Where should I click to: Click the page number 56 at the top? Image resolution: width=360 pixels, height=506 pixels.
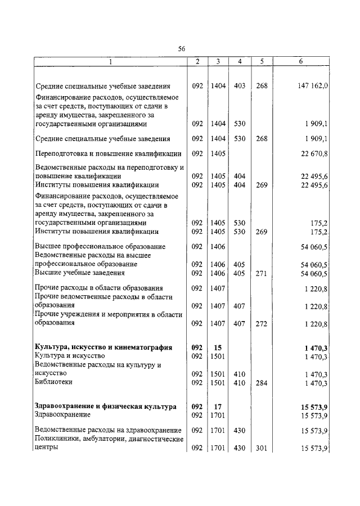pyautogui.click(x=182, y=49)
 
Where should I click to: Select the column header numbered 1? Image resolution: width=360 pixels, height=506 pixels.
pyautogui.click(x=110, y=61)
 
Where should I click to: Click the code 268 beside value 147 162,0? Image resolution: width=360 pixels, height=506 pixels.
pyautogui.click(x=261, y=87)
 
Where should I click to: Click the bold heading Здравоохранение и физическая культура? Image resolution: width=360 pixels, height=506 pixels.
pyautogui.click(x=105, y=406)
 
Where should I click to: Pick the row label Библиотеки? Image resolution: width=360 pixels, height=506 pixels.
pyautogui.click(x=53, y=382)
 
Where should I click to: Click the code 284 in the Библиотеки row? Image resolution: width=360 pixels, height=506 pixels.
pyautogui.click(x=261, y=382)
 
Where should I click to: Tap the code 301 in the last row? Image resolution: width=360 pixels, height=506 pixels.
pyautogui.click(x=261, y=448)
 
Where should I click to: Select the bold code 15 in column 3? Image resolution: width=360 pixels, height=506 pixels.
pyautogui.click(x=217, y=347)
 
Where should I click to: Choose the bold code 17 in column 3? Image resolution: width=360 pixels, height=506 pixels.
pyautogui.click(x=217, y=406)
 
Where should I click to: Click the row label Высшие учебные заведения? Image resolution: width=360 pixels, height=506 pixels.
pyautogui.click(x=79, y=273)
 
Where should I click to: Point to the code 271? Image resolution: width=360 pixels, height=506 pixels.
pyautogui.click(x=261, y=273)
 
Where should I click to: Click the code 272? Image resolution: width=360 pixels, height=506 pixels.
pyautogui.click(x=261, y=323)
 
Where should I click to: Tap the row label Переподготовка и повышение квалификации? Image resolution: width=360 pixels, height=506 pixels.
pyautogui.click(x=108, y=153)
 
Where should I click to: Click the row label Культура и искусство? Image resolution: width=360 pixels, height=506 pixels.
pyautogui.click(x=70, y=356)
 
